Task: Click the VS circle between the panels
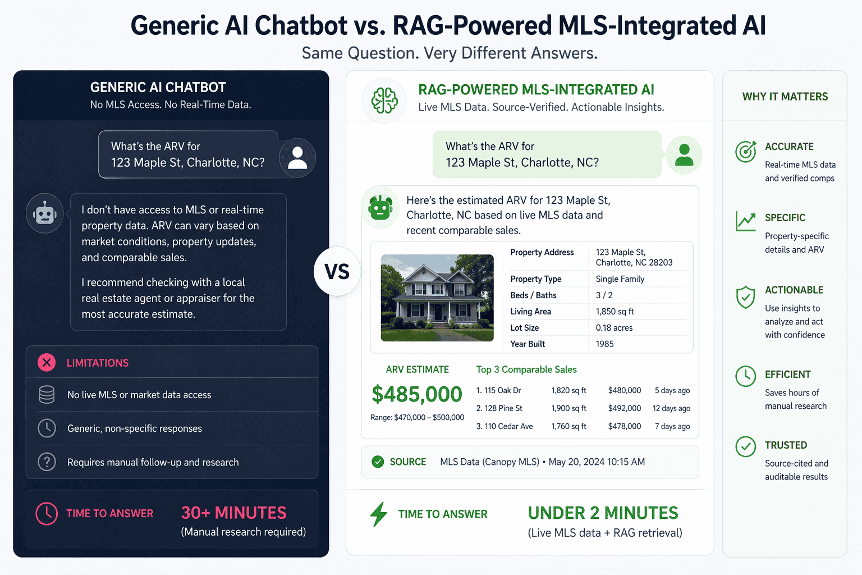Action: coord(337,272)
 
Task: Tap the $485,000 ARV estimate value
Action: coord(416,394)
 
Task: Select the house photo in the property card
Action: coord(437,298)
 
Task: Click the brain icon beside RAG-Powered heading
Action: coord(384,101)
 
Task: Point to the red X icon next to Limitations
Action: coord(47,363)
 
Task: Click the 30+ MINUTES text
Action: coord(233,513)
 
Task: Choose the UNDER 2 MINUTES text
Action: coord(603,513)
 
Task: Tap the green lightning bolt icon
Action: coord(379,514)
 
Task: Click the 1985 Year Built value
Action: coord(604,344)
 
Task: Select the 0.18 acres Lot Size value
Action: coord(614,327)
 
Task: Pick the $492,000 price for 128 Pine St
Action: coord(624,408)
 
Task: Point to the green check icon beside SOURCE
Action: coord(378,462)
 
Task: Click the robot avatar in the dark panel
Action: coord(45,213)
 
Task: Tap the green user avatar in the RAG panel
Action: coord(684,154)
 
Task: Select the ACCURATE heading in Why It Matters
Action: coord(789,147)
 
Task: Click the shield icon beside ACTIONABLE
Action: coord(745,297)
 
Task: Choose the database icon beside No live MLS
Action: coord(47,395)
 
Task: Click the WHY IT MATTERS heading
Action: coord(785,97)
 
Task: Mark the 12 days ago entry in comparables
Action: coord(671,408)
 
